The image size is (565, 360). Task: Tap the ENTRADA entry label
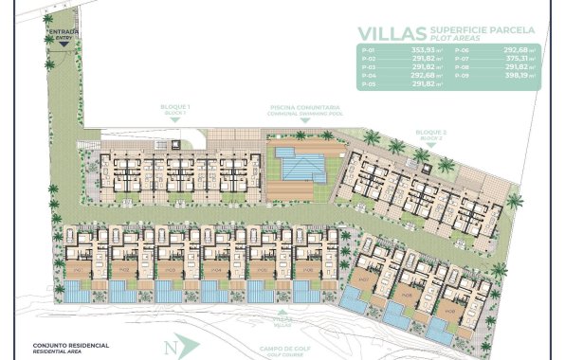tap(63, 31)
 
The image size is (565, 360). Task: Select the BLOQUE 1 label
tap(177, 109)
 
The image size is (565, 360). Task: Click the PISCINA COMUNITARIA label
tap(305, 109)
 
